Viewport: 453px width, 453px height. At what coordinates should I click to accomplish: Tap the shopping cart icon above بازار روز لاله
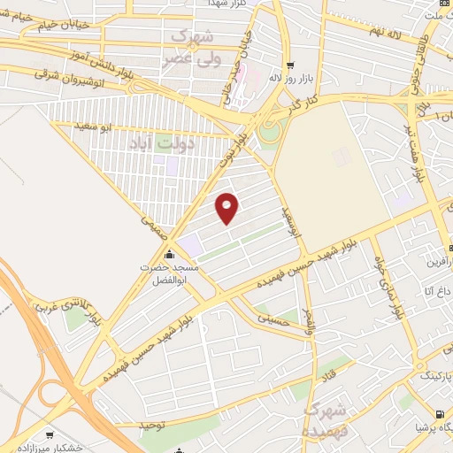pyautogui.click(x=290, y=65)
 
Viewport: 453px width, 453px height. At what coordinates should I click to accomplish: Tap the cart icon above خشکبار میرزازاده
pyautogui.click(x=50, y=435)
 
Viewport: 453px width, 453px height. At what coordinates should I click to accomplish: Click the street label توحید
pyautogui.click(x=153, y=426)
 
